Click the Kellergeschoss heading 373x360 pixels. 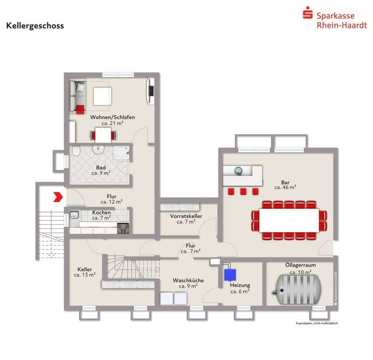(35, 26)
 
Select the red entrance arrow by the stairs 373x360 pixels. (57, 197)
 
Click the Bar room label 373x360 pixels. (285, 182)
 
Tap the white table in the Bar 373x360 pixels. (290, 220)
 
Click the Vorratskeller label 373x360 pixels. (186, 216)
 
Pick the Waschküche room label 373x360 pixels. (188, 280)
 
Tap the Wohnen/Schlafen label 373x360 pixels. (112, 118)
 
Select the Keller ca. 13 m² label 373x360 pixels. (84, 272)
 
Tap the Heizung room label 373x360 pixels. (240, 285)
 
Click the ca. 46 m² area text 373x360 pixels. (285, 188)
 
